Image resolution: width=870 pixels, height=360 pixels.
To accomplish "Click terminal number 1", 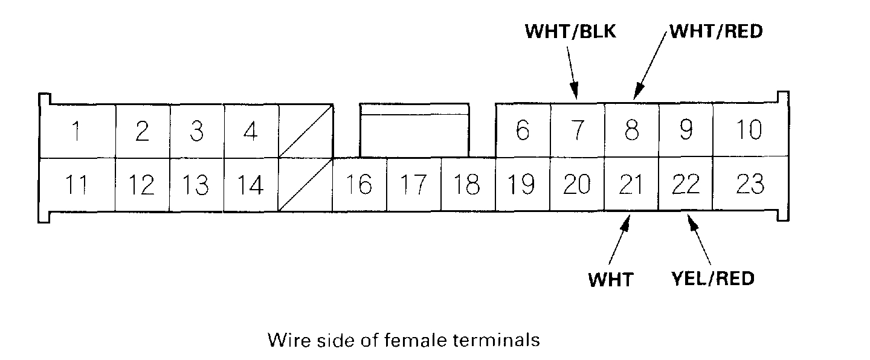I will (x=76, y=131).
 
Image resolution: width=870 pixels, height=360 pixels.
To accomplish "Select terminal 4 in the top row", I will (x=251, y=131).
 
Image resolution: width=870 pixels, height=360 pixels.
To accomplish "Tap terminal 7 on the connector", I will (x=578, y=131).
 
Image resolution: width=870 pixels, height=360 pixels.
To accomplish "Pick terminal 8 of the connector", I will (x=632, y=131).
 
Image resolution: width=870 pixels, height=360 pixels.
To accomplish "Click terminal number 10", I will (x=749, y=131).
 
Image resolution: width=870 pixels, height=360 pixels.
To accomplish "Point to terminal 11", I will (x=76, y=185).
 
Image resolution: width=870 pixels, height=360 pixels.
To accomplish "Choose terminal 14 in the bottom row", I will (x=250, y=185).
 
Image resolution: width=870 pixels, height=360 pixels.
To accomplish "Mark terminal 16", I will (x=359, y=185).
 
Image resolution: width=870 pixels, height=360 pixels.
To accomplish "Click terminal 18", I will (x=468, y=185).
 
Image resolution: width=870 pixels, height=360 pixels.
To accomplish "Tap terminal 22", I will (x=685, y=185).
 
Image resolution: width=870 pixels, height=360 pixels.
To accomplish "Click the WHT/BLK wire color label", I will (x=570, y=32).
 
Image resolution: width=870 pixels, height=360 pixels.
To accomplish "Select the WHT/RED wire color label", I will (x=716, y=32).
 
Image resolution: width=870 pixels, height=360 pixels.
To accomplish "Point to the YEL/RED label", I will (x=713, y=279).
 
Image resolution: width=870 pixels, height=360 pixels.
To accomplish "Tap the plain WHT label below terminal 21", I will (x=610, y=280).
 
